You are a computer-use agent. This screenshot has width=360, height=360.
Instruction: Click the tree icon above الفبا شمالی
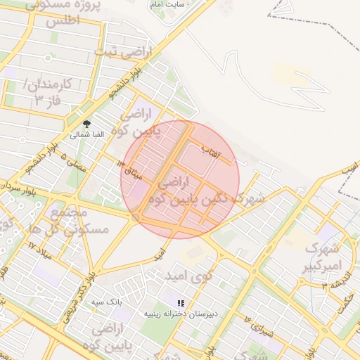coord(87,122)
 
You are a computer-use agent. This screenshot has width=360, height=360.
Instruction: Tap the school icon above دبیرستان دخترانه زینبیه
coord(181,303)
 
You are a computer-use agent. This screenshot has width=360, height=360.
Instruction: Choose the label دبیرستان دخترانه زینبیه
coord(188,314)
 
